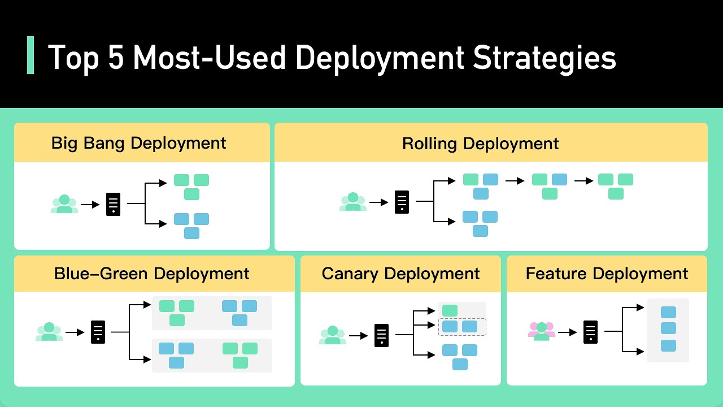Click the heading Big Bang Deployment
tap(138, 143)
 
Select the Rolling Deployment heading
tap(480, 144)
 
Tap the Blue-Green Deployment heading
tap(151, 274)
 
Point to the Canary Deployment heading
tap(400, 274)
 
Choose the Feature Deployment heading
tap(607, 274)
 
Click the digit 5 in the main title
tap(117, 57)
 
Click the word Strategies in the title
tap(545, 57)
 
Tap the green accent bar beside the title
tap(31, 55)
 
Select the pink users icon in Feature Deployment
tap(541, 331)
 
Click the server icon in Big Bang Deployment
tap(114, 204)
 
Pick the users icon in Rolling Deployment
tap(353, 202)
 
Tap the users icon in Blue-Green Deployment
tap(49, 332)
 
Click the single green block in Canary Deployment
tap(450, 310)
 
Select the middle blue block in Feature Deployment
tap(668, 328)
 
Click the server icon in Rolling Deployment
tap(402, 202)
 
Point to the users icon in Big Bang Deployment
tap(64, 204)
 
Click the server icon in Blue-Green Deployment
tap(98, 332)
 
